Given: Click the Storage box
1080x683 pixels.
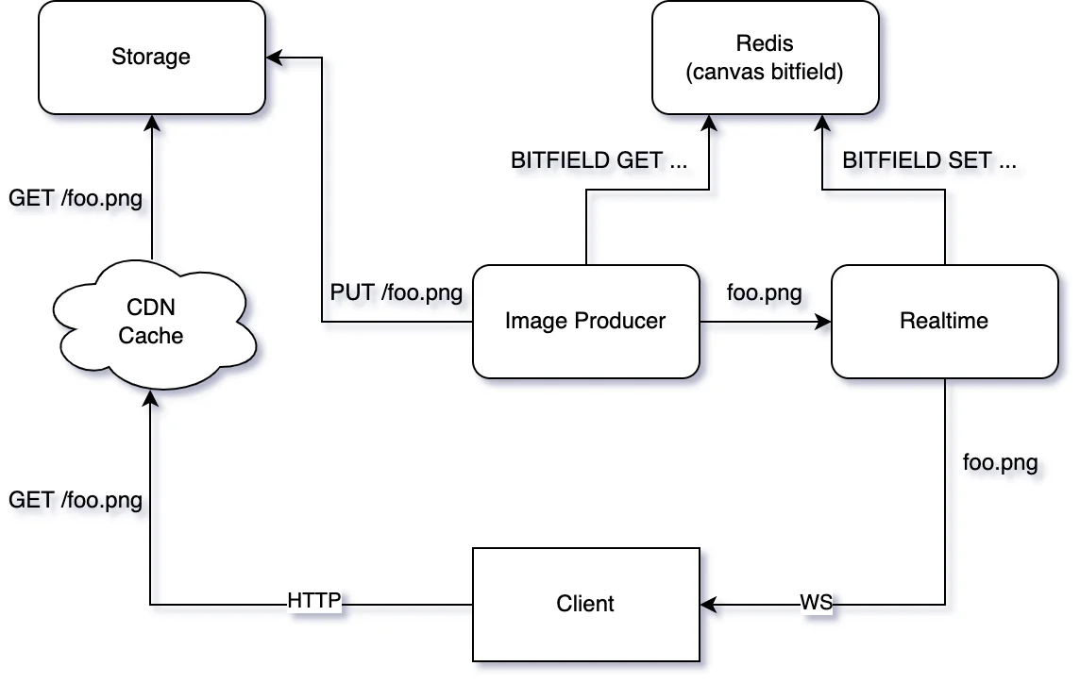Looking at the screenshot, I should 151,57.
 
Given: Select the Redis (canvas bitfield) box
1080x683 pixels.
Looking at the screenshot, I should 765,57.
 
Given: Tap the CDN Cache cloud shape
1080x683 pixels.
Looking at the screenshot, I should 151,322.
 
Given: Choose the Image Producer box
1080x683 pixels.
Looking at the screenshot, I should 585,321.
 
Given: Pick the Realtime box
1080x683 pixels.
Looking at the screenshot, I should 944,321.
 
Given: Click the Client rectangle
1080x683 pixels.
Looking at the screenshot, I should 585,604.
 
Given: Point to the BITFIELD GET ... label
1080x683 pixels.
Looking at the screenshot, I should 599,160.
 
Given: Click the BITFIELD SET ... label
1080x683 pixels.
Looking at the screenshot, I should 930,160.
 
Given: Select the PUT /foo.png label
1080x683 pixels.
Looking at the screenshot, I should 397,292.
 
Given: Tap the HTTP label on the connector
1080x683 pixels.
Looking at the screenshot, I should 314,601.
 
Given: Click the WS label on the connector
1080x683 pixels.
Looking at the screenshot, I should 817,603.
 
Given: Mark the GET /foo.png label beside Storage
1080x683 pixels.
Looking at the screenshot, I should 76,198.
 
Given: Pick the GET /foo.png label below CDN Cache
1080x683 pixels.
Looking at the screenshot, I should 76,499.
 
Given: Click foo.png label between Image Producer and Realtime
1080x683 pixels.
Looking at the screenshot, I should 765,292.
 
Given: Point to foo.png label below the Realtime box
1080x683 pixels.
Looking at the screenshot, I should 1001,462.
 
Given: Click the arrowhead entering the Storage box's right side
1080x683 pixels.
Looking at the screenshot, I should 273,57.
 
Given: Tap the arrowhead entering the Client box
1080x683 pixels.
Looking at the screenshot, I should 707,604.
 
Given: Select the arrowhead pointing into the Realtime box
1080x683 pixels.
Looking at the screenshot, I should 824,321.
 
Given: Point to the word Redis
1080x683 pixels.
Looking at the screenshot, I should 765,43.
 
